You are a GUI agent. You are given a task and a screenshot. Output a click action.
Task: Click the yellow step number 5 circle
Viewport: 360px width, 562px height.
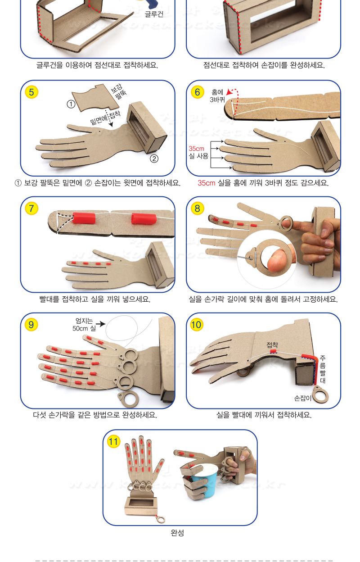pyautogui.click(x=31, y=92)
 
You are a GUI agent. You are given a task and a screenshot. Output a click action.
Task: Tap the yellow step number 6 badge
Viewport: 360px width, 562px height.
pyautogui.click(x=197, y=92)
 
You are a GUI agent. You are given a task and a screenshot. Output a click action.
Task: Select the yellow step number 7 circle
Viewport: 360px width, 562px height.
pyautogui.click(x=31, y=208)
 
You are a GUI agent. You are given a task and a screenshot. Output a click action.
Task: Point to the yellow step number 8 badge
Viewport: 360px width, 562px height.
pyautogui.click(x=197, y=208)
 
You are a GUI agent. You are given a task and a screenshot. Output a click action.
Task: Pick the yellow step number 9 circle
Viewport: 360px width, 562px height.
pyautogui.click(x=31, y=325)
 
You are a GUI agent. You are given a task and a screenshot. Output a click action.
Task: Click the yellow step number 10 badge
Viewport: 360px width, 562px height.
pyautogui.click(x=196, y=325)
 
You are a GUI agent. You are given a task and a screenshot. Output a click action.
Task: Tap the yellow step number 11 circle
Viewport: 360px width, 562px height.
pyautogui.click(x=113, y=441)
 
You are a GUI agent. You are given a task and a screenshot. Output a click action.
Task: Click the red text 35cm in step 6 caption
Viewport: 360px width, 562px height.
pyautogui.click(x=206, y=183)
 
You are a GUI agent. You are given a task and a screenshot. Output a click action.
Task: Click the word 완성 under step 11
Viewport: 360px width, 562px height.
pyautogui.click(x=177, y=532)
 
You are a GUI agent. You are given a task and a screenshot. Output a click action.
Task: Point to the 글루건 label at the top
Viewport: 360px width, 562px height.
pyautogui.click(x=154, y=14)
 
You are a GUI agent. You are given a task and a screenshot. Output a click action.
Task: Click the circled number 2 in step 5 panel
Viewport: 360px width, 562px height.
pyautogui.click(x=154, y=159)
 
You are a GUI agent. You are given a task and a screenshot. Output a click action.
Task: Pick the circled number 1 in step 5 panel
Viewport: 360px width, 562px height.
pyautogui.click(x=71, y=104)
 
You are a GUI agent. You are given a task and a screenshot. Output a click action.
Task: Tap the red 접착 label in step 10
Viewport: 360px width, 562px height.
pyautogui.click(x=272, y=345)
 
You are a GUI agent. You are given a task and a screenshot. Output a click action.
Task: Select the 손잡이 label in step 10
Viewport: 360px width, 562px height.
pyautogui.click(x=302, y=398)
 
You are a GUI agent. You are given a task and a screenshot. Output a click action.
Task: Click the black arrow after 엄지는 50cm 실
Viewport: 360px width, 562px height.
pyautogui.click(x=100, y=324)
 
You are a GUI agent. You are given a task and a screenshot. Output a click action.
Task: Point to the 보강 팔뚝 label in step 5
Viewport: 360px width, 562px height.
pyautogui.click(x=119, y=91)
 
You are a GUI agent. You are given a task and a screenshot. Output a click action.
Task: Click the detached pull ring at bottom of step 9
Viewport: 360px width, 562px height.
pyautogui.click(x=128, y=398)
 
